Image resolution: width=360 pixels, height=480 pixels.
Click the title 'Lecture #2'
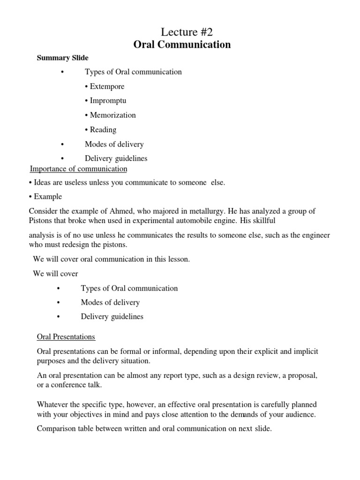coord(182,32)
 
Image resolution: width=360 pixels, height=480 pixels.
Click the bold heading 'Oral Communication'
coord(182,45)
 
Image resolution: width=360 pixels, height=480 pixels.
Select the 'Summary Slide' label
coord(63,58)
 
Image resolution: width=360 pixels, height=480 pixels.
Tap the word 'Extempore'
coord(107,86)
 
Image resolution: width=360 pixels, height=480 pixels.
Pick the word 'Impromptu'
coord(108,101)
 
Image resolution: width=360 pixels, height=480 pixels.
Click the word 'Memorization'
coord(112,115)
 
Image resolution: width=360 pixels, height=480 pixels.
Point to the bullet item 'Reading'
coord(103,129)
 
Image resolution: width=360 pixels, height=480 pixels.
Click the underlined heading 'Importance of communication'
coord(78,169)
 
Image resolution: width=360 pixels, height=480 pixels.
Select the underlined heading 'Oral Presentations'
coord(66,337)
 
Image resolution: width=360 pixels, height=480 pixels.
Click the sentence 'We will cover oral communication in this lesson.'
coord(112,259)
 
